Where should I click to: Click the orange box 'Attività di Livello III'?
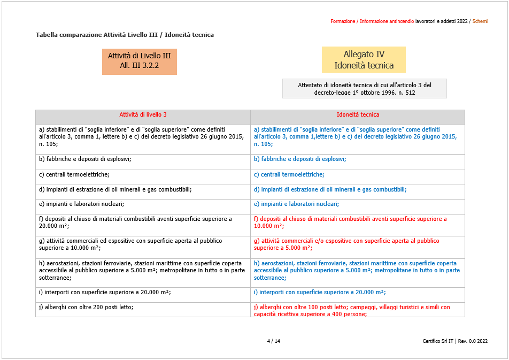[139, 60]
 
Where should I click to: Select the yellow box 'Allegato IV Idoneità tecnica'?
[364, 60]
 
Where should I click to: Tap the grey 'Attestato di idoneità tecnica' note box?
[364, 89]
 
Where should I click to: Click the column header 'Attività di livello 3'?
[143, 115]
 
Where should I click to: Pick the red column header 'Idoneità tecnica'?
[358, 115]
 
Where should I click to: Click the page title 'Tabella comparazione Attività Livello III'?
[125, 35]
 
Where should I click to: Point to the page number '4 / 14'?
[273, 341]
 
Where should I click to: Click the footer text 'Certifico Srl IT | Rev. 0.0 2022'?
[454, 341]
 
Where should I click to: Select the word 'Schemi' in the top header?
[480, 21]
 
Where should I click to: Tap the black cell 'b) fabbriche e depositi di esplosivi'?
[85, 159]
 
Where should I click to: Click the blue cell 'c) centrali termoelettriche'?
[289, 174]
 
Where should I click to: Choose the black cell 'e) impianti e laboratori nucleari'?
[81, 204]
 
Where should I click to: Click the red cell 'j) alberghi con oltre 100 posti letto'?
[352, 311]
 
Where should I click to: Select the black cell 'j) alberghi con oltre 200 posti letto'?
[86, 308]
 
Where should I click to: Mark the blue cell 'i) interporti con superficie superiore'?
[320, 293]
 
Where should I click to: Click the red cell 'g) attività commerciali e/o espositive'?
[346, 244]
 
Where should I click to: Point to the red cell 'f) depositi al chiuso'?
[350, 222]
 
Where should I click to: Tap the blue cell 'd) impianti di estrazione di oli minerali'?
[330, 189]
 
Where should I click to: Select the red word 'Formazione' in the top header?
[343, 21]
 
